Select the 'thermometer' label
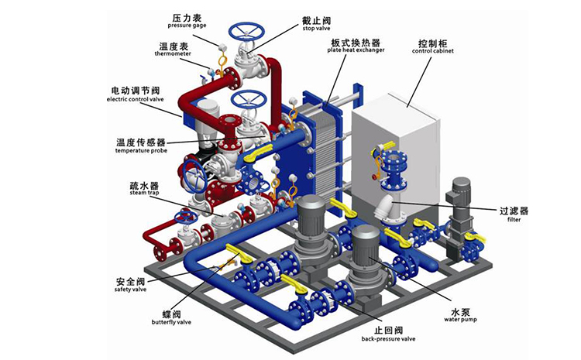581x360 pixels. (168, 54)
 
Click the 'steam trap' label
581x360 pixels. (144, 194)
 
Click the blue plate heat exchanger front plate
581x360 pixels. (310, 155)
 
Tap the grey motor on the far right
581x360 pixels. (461, 194)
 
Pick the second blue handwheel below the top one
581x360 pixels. (249, 100)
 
